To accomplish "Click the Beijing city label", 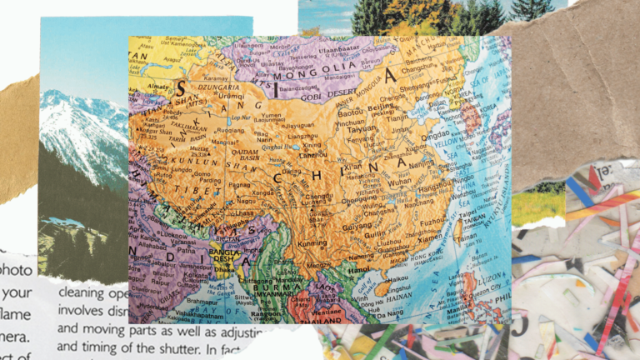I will point(381,107).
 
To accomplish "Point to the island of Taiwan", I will point(455,226).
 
